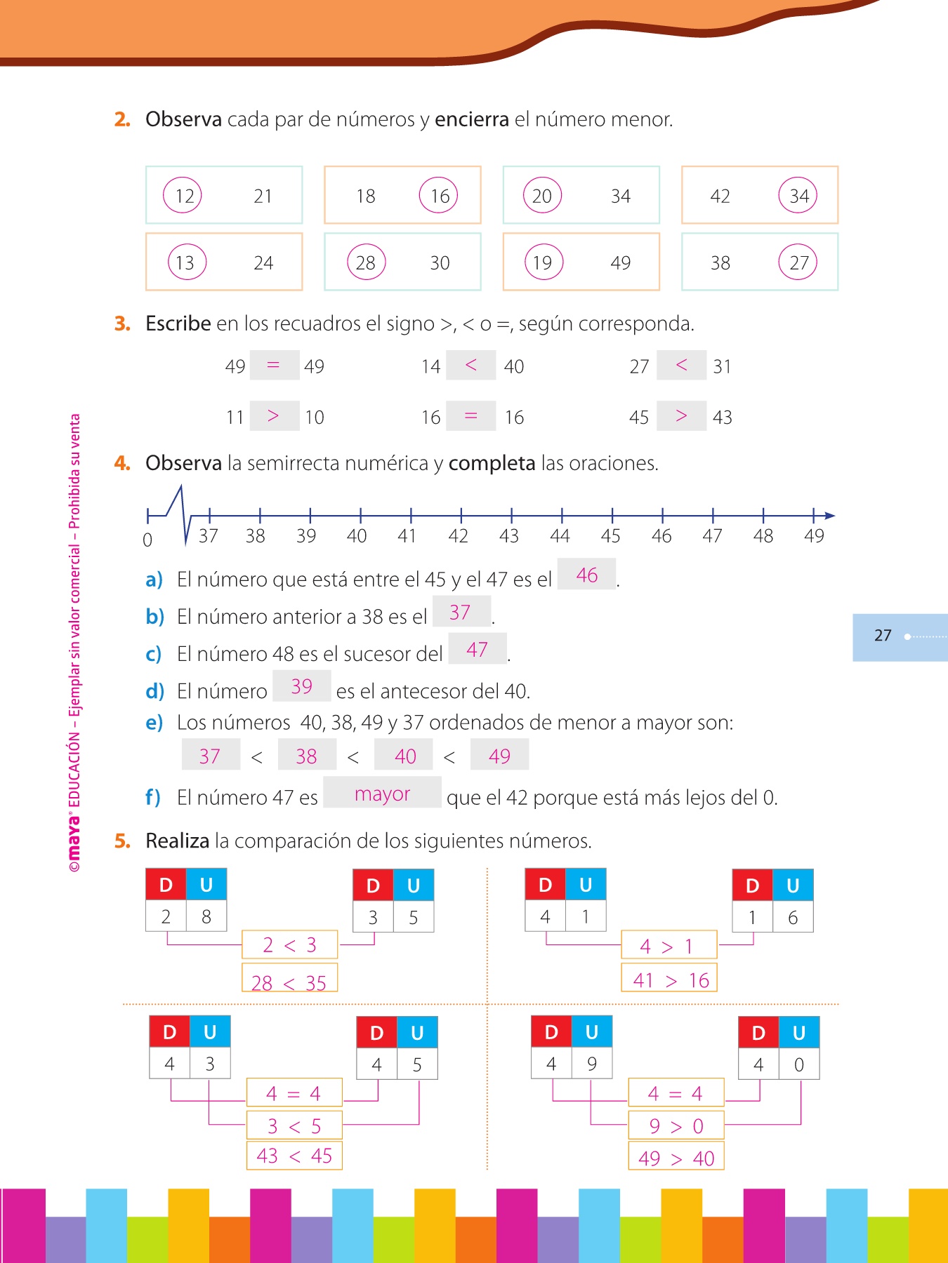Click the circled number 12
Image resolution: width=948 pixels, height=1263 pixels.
tap(183, 196)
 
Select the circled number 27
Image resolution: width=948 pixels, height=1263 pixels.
tap(798, 262)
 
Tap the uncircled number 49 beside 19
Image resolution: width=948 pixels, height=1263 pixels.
tap(620, 262)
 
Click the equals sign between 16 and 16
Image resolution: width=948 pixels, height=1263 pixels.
tap(471, 416)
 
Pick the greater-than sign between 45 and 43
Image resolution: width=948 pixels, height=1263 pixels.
tap(681, 416)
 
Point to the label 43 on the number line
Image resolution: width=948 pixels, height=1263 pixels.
tap(509, 536)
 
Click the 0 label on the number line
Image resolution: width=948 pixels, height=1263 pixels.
tap(147, 540)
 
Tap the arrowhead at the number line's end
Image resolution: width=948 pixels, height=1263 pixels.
tap(829, 516)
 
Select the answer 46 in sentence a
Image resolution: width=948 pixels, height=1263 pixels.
tap(587, 575)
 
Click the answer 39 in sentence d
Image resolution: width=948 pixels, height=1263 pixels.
tap(302, 686)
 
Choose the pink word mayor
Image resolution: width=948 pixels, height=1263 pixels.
tap(382, 794)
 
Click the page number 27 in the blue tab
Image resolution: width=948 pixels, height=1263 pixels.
tap(883, 636)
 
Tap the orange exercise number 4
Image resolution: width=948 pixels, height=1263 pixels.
tap(122, 463)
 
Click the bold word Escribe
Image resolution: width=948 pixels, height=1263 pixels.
tap(178, 323)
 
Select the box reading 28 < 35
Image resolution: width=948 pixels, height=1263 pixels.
tap(289, 980)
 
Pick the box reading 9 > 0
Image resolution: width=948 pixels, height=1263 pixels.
tap(676, 1125)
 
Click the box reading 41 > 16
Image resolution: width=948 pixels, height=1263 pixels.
tap(669, 980)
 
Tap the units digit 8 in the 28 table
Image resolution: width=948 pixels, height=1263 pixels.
tap(206, 916)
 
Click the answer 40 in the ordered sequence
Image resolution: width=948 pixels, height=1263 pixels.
tap(405, 756)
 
